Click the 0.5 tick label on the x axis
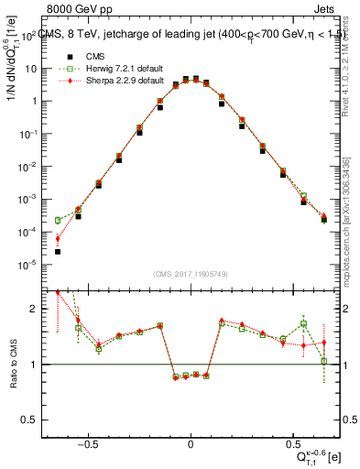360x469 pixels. (292, 445)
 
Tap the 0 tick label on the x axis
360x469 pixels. (191, 445)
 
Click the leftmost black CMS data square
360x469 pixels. (58, 251)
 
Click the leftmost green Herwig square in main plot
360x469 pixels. (58, 220)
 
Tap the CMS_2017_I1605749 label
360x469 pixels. (191, 274)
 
